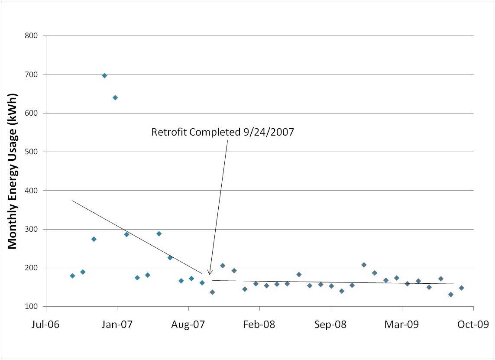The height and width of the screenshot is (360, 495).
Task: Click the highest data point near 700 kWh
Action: tap(104, 75)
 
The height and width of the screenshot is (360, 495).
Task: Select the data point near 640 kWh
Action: tap(115, 97)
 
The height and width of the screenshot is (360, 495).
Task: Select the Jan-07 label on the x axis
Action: tap(117, 324)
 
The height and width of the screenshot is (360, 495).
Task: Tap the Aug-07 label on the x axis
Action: tap(188, 324)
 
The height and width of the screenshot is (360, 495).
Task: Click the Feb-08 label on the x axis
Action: tap(259, 324)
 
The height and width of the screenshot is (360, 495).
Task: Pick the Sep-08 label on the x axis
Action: tap(331, 324)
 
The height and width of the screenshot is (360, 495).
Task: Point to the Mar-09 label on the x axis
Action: tap(402, 324)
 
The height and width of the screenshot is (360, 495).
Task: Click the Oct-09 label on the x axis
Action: tap(473, 324)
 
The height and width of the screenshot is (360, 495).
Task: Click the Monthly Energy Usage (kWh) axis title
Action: tap(13, 171)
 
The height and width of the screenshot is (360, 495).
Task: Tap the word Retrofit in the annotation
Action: tap(167, 132)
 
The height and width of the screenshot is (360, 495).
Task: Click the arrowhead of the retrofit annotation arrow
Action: tap(209, 273)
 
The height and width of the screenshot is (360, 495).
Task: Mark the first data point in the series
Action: tap(72, 276)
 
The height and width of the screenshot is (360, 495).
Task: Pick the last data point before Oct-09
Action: tap(461, 288)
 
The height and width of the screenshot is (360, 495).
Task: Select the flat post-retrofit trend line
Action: tap(338, 282)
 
